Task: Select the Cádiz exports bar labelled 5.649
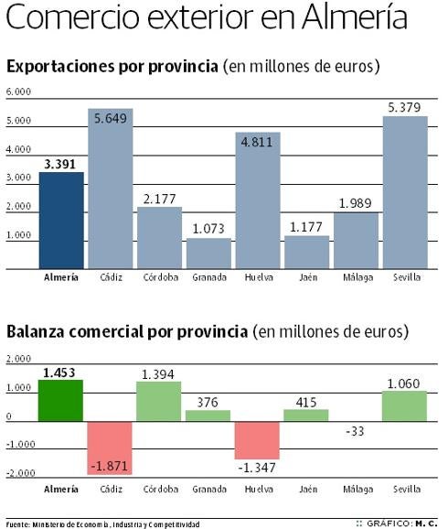click(111, 189)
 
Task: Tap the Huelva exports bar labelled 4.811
click(258, 201)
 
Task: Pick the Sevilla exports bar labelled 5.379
click(405, 192)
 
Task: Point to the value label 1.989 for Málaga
click(356, 202)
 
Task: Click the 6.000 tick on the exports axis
click(18, 92)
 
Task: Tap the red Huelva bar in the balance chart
click(258, 440)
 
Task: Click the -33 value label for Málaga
click(356, 432)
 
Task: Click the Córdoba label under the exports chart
click(159, 276)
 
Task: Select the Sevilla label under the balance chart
click(405, 490)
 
